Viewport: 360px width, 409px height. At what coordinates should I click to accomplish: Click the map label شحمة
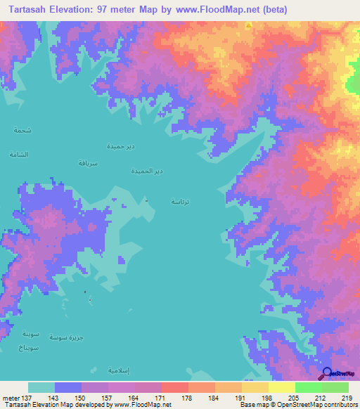coord(22,130)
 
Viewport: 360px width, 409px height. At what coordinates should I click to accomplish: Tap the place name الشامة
coord(19,153)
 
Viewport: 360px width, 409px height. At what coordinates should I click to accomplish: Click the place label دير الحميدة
coord(148,171)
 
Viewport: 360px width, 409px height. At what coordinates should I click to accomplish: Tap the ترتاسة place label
coord(180,201)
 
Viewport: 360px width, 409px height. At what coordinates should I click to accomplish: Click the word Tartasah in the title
coord(32,11)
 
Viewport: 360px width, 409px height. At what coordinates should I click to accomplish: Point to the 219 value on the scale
coord(346,398)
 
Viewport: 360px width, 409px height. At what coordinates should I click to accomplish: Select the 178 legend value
coord(186,398)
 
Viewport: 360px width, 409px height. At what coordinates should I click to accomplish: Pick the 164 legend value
coord(132,398)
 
